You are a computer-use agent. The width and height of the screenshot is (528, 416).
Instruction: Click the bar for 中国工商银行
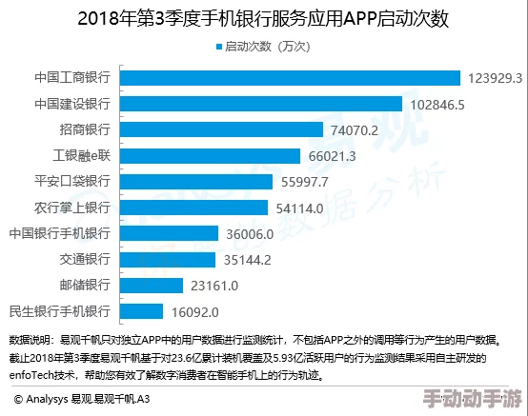[290, 78]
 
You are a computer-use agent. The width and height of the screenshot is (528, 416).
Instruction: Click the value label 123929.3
[495, 78]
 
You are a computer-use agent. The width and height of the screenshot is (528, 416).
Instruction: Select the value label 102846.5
[437, 104]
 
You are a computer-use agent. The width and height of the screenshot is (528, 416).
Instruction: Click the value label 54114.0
[300, 208]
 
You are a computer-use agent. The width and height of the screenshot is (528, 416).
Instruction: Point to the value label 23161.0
[219, 285]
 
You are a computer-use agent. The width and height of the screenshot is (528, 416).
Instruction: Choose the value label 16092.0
[195, 310]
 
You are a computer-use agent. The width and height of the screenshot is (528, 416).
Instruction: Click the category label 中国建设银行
[72, 104]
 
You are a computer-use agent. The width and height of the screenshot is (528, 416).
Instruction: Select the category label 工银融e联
[81, 155]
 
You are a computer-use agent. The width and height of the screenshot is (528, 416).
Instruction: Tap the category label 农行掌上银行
[72, 208]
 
